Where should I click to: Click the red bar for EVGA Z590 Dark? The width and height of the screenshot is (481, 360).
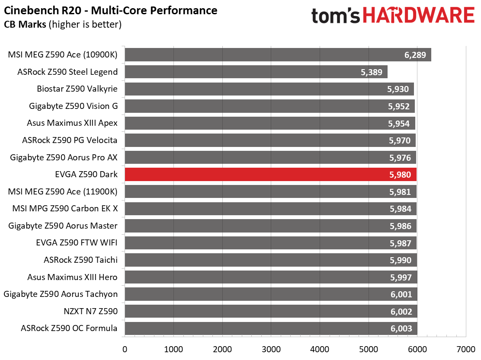tap(271, 174)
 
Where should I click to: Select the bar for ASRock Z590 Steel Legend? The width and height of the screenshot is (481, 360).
tap(256, 72)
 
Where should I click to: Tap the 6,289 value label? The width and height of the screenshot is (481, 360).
tap(415, 55)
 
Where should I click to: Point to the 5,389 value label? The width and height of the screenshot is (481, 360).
tap(372, 72)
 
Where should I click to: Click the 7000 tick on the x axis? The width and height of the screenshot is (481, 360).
tap(466, 349)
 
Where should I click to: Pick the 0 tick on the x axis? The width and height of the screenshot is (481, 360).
tap(125, 349)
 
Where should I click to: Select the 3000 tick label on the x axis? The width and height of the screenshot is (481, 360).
tap(271, 349)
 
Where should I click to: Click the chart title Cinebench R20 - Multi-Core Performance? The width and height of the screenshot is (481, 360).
tap(110, 10)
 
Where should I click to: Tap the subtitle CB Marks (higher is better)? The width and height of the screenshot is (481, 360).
tap(63, 24)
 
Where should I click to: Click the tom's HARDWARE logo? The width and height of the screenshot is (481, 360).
tap(393, 15)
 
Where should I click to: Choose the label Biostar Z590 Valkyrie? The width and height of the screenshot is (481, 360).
tap(77, 89)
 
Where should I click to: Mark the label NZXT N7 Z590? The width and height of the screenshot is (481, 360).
tap(90, 311)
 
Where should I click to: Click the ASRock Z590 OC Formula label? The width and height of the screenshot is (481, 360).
tap(69, 328)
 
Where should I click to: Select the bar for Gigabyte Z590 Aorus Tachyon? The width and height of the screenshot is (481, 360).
tap(271, 294)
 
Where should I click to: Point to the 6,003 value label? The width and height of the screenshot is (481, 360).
tap(401, 328)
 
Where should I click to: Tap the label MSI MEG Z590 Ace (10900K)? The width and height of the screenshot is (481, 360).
tap(63, 55)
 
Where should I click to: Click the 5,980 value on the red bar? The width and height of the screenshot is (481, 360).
tap(400, 175)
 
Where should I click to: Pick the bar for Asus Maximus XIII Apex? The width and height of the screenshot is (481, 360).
tap(270, 123)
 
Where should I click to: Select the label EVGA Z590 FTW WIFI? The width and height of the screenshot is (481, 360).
tap(77, 242)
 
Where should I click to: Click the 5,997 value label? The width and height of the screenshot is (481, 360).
tap(401, 277)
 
